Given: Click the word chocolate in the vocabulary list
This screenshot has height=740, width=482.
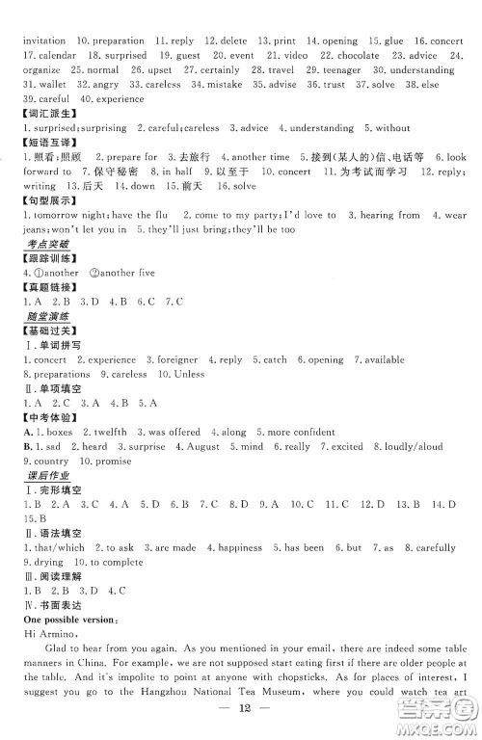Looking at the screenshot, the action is pyautogui.click(x=358, y=56).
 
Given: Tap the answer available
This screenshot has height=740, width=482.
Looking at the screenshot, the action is pyautogui.click(x=383, y=359).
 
